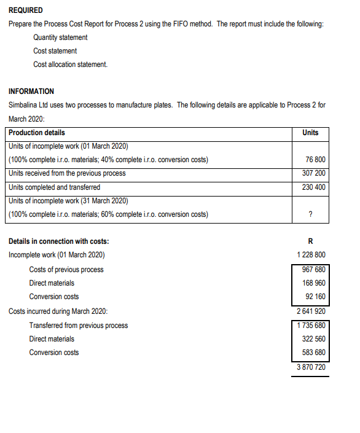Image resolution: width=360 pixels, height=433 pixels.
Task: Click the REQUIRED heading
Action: (x=26, y=10)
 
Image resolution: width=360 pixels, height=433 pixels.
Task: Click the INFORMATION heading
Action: (x=31, y=91)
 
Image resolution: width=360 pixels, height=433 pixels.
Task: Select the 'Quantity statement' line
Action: (x=60, y=37)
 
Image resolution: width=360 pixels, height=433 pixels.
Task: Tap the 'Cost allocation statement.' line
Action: (x=70, y=64)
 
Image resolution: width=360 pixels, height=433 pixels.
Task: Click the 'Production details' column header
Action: (x=37, y=133)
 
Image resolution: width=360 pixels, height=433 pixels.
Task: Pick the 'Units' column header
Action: (x=310, y=133)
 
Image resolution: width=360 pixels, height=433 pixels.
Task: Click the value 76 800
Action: (x=315, y=160)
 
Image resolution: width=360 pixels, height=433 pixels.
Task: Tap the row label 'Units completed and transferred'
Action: (x=55, y=187)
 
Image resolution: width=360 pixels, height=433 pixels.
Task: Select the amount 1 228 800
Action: (x=310, y=254)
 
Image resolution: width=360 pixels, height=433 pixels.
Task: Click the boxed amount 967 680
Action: (x=312, y=269)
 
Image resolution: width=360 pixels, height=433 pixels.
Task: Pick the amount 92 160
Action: (x=314, y=297)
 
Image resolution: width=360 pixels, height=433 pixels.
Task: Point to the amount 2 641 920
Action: (x=310, y=311)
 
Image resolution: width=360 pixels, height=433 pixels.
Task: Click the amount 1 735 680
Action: (x=310, y=325)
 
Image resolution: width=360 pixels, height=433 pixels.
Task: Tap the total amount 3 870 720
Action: (x=310, y=367)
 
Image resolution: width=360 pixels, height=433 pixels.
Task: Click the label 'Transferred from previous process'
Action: (x=79, y=325)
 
